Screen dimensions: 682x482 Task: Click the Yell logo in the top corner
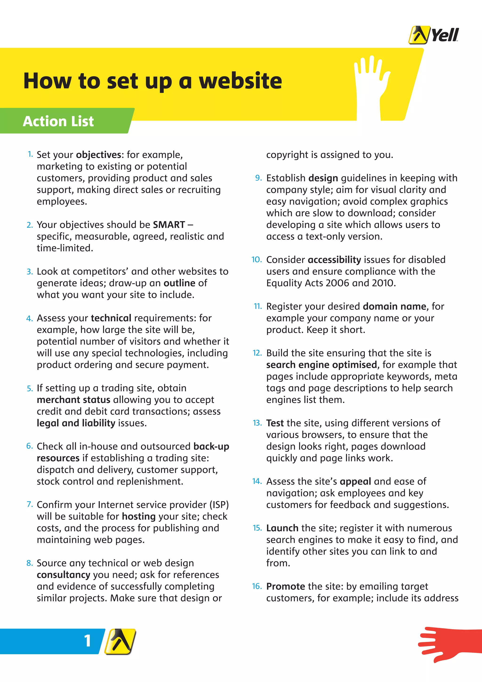[x=433, y=35]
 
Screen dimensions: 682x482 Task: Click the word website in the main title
[x=240, y=81]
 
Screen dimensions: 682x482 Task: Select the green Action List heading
[x=58, y=121]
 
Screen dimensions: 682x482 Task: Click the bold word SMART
[x=169, y=225]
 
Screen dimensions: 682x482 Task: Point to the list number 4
[x=29, y=318]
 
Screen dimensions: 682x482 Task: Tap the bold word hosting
[x=139, y=516]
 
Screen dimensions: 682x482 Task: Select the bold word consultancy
[x=63, y=575]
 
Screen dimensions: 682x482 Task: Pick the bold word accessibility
[x=334, y=260]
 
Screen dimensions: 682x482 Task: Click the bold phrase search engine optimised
[x=321, y=365]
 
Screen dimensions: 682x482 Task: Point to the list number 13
[x=257, y=423]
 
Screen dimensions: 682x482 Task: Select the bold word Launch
[x=282, y=528]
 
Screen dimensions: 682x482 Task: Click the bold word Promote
[x=285, y=586]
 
